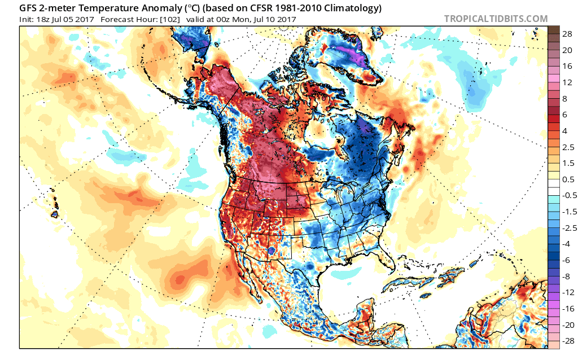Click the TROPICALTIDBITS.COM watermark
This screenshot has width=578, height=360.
tap(496, 19)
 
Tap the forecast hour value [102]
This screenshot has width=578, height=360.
tap(169, 20)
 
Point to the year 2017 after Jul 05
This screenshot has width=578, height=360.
tap(85, 20)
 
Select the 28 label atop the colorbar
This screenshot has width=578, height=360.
tap(567, 34)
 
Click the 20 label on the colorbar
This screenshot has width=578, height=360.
tap(567, 50)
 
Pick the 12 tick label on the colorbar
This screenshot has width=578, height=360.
tap(567, 82)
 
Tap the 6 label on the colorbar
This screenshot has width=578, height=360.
tap(564, 115)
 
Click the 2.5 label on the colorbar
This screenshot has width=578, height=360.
tap(568, 147)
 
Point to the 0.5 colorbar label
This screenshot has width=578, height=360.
tap(568, 179)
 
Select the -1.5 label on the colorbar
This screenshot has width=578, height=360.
tap(569, 212)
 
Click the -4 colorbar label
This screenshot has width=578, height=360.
tap(566, 244)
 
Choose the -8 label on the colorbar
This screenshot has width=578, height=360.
tap(566, 276)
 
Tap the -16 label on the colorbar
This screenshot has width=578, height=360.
tap(568, 309)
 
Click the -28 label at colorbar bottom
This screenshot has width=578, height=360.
tap(568, 341)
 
